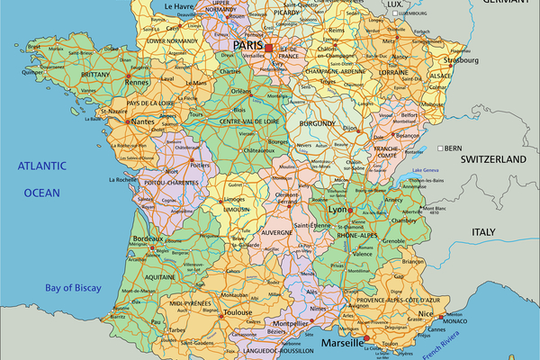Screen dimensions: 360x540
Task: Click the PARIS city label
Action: click(x=248, y=44)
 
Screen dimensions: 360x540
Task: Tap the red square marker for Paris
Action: click(x=268, y=48)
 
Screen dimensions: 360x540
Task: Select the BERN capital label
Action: click(x=453, y=148)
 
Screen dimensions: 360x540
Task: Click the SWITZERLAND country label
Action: click(x=492, y=158)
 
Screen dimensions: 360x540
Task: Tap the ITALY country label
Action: click(x=484, y=232)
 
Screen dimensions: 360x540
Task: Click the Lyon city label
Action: click(x=337, y=209)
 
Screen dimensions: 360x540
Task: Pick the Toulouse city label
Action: click(x=238, y=312)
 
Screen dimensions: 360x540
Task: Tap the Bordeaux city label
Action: click(x=148, y=238)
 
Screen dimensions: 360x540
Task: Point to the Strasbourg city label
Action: click(x=459, y=61)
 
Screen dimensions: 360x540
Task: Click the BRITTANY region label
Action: click(x=95, y=75)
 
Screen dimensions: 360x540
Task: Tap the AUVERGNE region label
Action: click(x=277, y=232)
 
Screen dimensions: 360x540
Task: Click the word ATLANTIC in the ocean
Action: click(x=45, y=166)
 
